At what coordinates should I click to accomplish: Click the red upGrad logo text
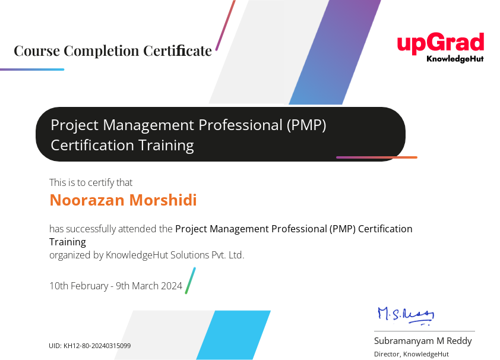click(440, 44)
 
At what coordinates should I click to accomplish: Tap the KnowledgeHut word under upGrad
click(455, 59)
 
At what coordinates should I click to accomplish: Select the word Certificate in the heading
click(178, 51)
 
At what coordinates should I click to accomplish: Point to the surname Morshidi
click(162, 200)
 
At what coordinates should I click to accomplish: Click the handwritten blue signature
click(406, 314)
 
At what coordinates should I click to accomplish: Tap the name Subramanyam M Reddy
click(423, 341)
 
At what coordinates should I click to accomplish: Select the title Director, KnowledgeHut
click(411, 354)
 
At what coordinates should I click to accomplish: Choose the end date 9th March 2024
click(149, 286)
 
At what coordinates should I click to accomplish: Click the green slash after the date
click(190, 280)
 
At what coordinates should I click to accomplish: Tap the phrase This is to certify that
click(91, 182)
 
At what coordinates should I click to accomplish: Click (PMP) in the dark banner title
click(306, 125)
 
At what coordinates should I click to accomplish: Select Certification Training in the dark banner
click(122, 145)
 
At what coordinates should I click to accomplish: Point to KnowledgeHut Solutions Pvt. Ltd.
click(175, 255)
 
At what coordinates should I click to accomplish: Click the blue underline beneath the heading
click(32, 70)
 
